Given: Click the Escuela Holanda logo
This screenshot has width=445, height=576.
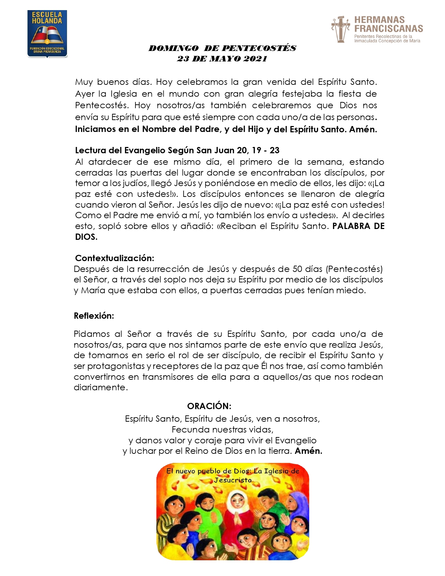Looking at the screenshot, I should point(47,34).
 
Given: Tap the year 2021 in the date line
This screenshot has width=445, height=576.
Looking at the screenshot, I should point(255,59).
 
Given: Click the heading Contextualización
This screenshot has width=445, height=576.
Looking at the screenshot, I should point(114,258).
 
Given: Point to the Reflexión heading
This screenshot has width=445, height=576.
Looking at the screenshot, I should point(94,316).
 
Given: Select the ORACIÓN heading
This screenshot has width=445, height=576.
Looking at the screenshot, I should point(209,406).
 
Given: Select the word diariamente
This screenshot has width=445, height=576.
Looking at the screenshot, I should point(101,387).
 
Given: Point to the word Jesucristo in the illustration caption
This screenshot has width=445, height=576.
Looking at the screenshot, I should point(233,480).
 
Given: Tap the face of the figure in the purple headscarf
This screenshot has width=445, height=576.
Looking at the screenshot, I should point(297,505).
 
